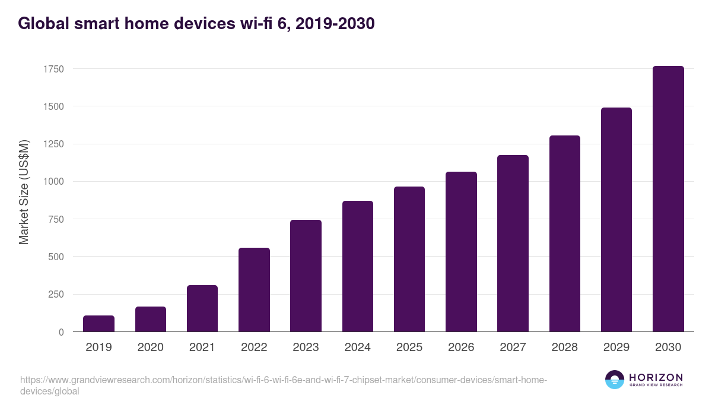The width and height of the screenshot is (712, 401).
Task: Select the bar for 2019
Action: coord(98,324)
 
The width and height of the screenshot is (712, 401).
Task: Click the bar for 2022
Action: coord(254,290)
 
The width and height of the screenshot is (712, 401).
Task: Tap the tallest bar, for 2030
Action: coord(668,199)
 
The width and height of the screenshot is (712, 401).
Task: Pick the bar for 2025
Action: coord(409,259)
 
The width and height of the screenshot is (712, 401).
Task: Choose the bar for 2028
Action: coord(565,233)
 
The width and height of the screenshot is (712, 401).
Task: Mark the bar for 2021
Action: coord(202,308)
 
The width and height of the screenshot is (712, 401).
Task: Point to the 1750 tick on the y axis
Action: coord(53,69)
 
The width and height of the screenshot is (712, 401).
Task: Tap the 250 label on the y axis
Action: coord(56,295)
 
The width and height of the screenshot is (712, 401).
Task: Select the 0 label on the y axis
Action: coord(61,332)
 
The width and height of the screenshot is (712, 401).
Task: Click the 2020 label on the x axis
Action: coord(150,348)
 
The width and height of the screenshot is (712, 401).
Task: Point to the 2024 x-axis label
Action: coord(357,348)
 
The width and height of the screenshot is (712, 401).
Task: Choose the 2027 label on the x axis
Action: coord(513,348)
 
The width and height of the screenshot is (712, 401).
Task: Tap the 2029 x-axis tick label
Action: coord(616,348)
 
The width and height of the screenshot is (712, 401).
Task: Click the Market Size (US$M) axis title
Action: coord(24,191)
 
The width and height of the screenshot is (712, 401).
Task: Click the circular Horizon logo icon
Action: coord(615,380)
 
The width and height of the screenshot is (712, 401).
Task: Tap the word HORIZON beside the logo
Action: coord(656,377)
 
